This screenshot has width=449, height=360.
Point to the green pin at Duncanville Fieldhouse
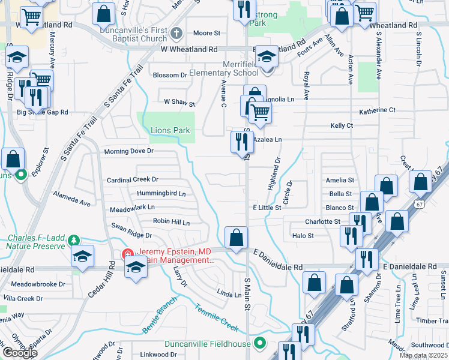point(260,344)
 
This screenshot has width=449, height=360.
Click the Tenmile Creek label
point(216,317)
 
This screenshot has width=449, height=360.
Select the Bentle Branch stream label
point(158,320)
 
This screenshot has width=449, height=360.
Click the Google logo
point(19,353)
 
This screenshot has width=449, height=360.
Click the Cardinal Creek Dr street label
point(132,179)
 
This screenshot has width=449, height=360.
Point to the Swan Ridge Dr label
point(131,230)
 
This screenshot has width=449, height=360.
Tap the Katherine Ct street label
point(377,110)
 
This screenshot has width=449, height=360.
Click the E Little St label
point(267,207)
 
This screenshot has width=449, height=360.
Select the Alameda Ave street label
point(71,199)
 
